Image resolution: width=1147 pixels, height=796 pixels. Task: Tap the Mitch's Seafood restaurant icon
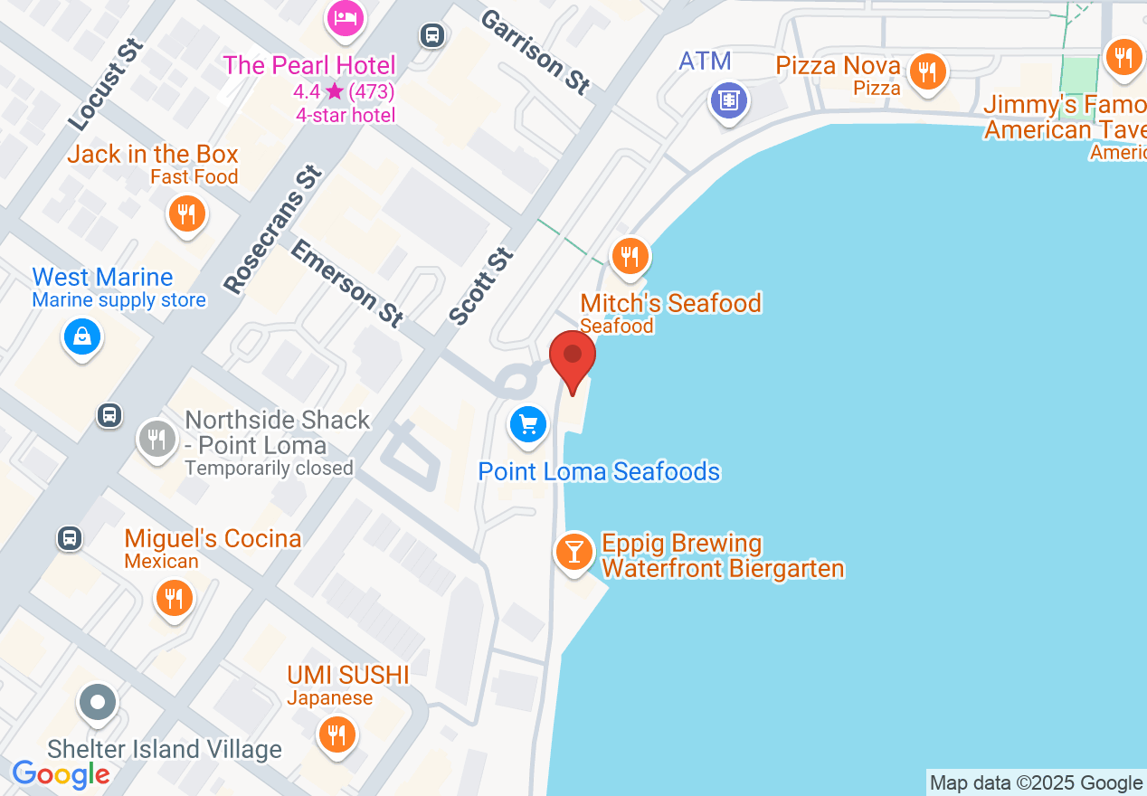(630, 257)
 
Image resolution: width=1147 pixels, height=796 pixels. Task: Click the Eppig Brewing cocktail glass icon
(573, 551)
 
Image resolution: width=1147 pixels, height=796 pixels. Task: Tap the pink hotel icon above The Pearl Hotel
(345, 17)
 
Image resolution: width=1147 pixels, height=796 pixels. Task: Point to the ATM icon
(728, 99)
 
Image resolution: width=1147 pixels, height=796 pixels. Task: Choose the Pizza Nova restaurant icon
(927, 70)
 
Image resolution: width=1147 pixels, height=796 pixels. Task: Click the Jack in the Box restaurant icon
(186, 214)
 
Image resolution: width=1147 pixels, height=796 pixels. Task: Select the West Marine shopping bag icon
(82, 338)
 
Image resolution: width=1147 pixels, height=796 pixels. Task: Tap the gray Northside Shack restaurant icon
(156, 440)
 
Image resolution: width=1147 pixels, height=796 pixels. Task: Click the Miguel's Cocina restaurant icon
(173, 599)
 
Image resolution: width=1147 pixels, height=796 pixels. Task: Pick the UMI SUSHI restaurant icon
(337, 734)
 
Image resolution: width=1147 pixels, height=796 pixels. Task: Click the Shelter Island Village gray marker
(98, 702)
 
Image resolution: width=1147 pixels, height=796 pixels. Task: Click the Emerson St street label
(346, 283)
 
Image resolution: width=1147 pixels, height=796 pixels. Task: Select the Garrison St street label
(536, 52)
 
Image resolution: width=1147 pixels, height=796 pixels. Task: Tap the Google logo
(61, 775)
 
